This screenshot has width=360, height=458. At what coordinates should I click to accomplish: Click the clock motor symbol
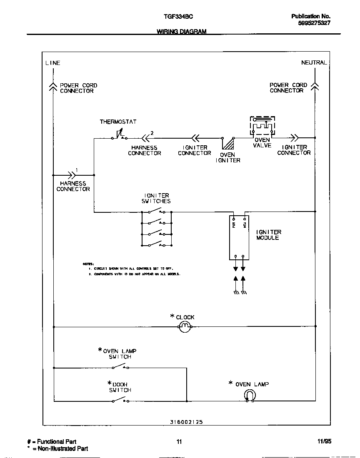pyautogui.click(x=185, y=328)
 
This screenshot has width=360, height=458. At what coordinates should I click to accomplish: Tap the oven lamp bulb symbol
pyautogui.click(x=250, y=395)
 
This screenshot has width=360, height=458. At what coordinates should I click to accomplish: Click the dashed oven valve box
pyautogui.click(x=262, y=126)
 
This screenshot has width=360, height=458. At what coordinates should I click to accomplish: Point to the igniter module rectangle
pyautogui.click(x=239, y=237)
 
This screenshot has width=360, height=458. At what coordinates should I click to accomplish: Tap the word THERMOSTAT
pyautogui.click(x=118, y=122)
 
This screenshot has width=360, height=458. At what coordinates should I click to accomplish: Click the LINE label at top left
pyautogui.click(x=52, y=63)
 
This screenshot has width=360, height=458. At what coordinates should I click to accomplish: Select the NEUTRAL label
pyautogui.click(x=314, y=62)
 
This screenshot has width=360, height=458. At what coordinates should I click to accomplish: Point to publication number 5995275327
pyautogui.click(x=314, y=23)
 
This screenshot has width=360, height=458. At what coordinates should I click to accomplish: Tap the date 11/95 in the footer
pyautogui.click(x=324, y=441)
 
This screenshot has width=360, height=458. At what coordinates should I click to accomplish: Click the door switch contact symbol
pyautogui.click(x=120, y=400)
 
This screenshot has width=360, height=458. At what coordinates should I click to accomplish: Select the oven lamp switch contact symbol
pyautogui.click(x=120, y=367)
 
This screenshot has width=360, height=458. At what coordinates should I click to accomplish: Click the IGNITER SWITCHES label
pyautogui.click(x=156, y=198)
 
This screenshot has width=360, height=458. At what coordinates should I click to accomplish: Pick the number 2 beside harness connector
pyautogui.click(x=152, y=133)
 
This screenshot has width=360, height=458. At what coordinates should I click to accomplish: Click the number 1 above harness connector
pyautogui.click(x=76, y=170)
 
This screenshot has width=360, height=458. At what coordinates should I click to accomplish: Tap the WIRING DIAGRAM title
pyautogui.click(x=181, y=32)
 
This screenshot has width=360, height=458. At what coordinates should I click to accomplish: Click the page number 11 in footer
pyautogui.click(x=179, y=442)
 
